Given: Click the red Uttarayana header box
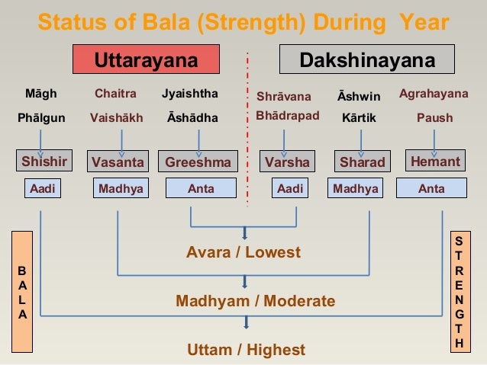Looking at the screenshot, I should (x=146, y=60).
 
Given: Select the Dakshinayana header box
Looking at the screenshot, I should (x=367, y=60).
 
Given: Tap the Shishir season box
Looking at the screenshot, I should (x=44, y=162).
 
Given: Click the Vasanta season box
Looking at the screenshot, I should (x=118, y=162).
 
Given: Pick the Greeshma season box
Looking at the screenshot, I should (x=198, y=162).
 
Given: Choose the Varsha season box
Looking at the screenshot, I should (x=287, y=162).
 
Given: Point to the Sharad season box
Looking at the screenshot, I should (x=362, y=162).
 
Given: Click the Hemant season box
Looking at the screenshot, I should (x=435, y=162).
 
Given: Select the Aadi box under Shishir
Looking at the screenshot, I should (x=43, y=188).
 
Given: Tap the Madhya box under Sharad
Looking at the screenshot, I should (x=356, y=188).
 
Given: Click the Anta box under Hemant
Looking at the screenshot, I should (x=431, y=188).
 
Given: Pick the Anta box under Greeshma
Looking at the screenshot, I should (x=201, y=188).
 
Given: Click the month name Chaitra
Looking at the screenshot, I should (x=115, y=94).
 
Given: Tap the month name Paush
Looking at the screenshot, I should (x=434, y=118).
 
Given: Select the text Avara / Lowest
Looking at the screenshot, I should (x=243, y=252).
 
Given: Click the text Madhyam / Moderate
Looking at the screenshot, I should (x=255, y=301).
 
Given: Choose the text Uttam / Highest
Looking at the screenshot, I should (x=246, y=350).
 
